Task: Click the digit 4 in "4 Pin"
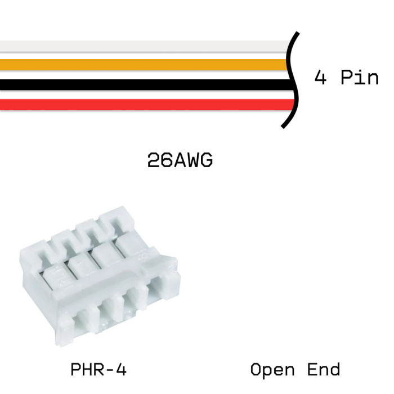tap(320, 77)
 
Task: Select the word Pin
tap(360, 77)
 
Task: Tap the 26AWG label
tap(180, 161)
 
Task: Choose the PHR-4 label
tap(98, 370)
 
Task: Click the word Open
tap(272, 370)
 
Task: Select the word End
tap(324, 370)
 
